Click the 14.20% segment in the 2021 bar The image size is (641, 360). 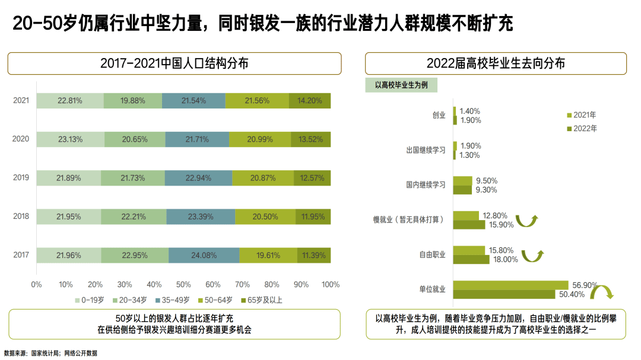click(x=310, y=101)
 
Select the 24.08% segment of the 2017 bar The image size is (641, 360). click(x=204, y=255)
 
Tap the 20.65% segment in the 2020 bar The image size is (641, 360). click(x=135, y=139)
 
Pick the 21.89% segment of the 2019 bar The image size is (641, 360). click(x=68, y=178)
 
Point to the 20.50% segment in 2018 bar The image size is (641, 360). click(x=265, y=216)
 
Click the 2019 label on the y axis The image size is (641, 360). click(x=21, y=178)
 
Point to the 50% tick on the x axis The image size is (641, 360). click(x=183, y=284)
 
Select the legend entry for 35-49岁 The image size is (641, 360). click(x=173, y=300)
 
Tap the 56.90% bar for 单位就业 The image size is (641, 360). click(x=510, y=285)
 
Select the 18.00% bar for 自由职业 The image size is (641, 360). click(x=471, y=259)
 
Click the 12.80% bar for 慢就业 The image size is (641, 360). click(x=466, y=215)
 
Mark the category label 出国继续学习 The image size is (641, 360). click(x=426, y=151)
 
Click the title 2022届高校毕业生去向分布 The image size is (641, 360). click(x=496, y=63)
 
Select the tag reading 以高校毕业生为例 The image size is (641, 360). click(x=401, y=85)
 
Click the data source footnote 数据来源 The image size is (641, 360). click(x=50, y=353)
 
